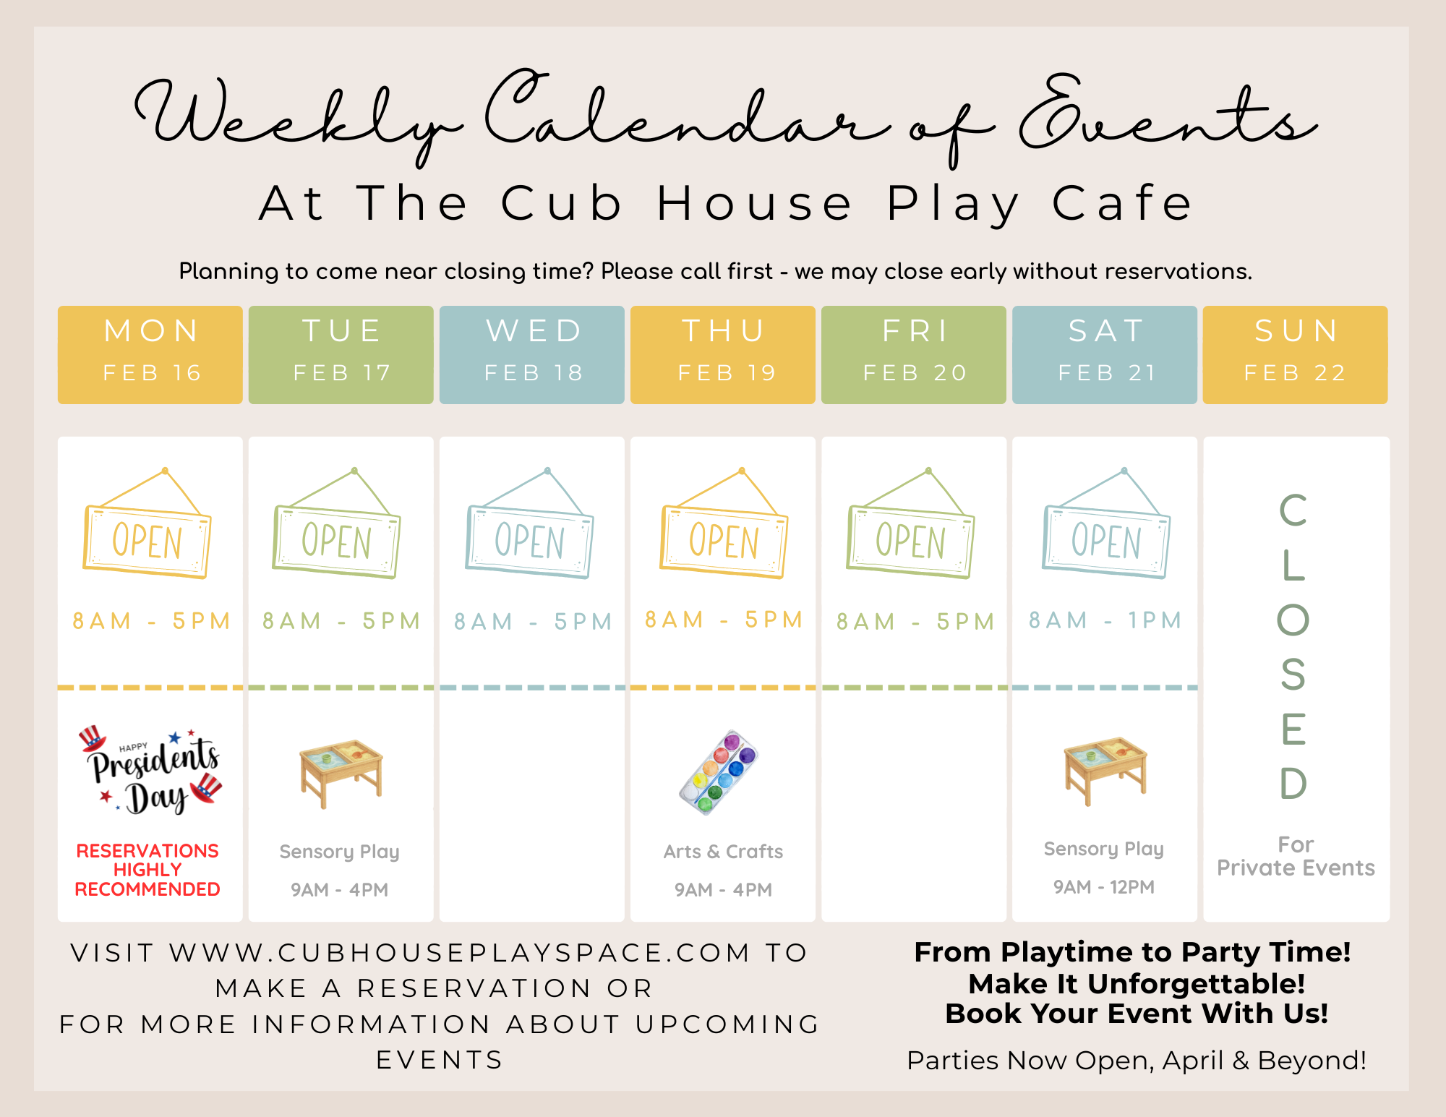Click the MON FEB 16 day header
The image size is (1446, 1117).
150,354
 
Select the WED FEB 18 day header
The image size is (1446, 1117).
532,354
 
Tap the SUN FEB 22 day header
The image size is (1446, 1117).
1296,354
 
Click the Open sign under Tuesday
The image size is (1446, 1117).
336,523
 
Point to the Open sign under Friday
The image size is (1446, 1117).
911,523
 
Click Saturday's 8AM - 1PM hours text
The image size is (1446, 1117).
1105,620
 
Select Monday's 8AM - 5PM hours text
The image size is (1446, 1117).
151,621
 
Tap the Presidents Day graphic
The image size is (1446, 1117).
150,771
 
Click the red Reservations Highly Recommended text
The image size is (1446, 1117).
147,870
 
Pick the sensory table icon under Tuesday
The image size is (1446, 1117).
341,773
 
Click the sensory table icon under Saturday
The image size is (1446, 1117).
1105,771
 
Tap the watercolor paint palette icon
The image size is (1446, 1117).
719,772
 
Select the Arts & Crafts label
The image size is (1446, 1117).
723,852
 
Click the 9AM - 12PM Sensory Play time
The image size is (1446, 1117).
1104,887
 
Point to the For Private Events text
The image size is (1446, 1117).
1296,856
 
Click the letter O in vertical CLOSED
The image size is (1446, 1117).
1293,620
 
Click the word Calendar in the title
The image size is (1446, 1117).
687,116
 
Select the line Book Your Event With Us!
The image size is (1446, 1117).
1137,1014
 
